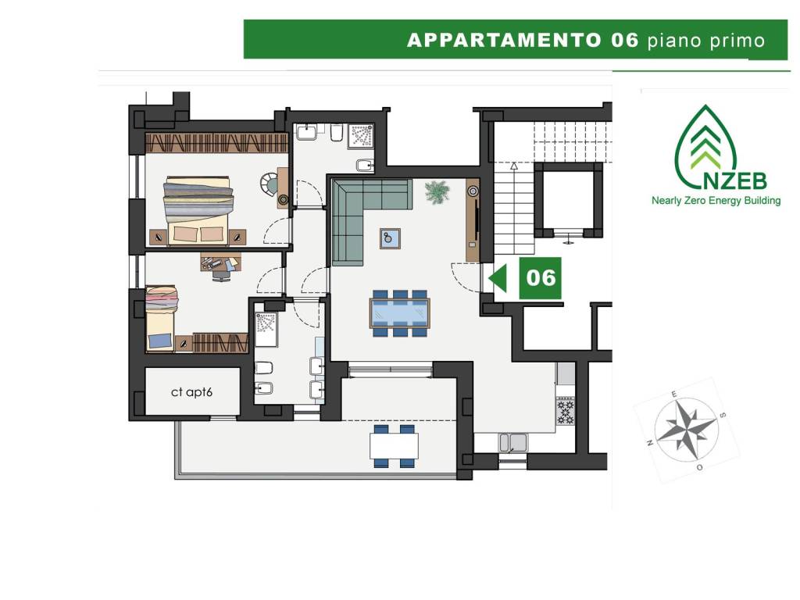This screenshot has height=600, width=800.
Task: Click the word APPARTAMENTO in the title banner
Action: pyautogui.click(x=504, y=40)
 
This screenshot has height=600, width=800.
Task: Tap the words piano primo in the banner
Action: pyautogui.click(x=706, y=41)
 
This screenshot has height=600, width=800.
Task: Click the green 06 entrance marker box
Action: pyautogui.click(x=541, y=278)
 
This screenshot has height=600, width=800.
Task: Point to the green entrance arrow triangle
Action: pyautogui.click(x=498, y=279)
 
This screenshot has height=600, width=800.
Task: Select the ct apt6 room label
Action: pyautogui.click(x=191, y=392)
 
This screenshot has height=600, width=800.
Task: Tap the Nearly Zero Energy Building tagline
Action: pyautogui.click(x=716, y=201)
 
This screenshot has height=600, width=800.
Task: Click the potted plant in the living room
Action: pyautogui.click(x=437, y=192)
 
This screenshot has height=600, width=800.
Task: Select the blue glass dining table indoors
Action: pyautogui.click(x=399, y=312)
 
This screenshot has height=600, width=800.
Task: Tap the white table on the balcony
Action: pyautogui.click(x=394, y=445)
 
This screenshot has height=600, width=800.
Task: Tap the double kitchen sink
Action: pyautogui.click(x=512, y=442)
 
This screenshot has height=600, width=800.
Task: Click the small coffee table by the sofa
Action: pyautogui.click(x=390, y=238)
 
